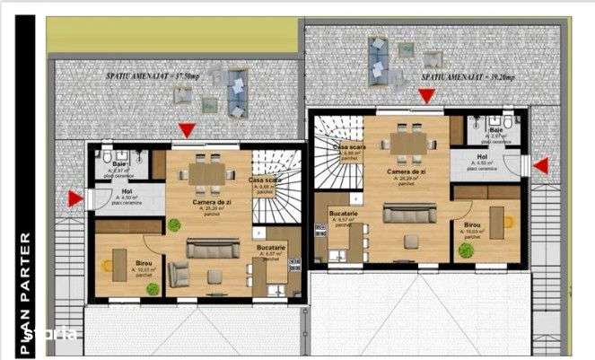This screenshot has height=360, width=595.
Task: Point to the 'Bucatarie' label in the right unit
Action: (x=344, y=213)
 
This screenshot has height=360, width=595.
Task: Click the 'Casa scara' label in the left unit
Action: (x=264, y=180)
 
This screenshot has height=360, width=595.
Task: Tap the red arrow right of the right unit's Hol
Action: (x=541, y=164)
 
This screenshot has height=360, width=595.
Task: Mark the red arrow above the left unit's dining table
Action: (x=186, y=131)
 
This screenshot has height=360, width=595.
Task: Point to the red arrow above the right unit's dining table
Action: (x=426, y=96)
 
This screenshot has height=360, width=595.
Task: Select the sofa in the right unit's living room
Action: (x=410, y=213)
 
